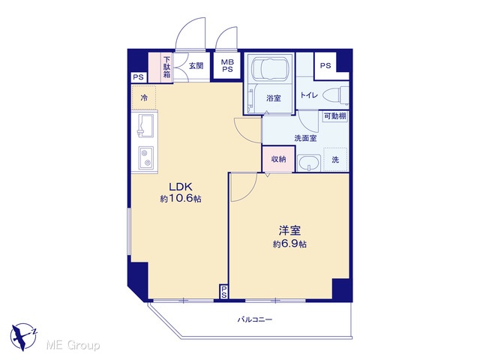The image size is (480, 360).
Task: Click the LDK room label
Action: [181, 187]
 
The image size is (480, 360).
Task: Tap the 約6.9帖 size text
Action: [289, 244]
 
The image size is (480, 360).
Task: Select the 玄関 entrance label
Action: [196, 66]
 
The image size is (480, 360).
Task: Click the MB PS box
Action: [227, 66]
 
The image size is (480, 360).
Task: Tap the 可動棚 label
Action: [335, 116]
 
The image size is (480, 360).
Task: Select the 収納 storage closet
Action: [278, 159]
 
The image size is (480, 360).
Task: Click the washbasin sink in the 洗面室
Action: [309, 163]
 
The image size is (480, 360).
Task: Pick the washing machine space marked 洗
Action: [335, 160]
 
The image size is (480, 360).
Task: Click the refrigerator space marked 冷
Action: [144, 98]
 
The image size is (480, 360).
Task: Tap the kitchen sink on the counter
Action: [145, 126]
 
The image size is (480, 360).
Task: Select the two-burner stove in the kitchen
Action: [145, 157]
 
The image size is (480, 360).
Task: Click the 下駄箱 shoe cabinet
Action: [166, 67]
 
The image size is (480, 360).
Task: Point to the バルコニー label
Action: [255, 320]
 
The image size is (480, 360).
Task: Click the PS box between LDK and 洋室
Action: [224, 292]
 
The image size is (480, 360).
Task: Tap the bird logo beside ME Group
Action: [23, 337]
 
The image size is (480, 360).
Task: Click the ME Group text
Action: [73, 345]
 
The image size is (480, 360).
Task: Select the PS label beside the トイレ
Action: [325, 65]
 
